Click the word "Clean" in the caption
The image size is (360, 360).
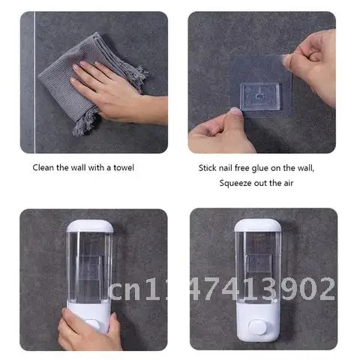click(x=44, y=167)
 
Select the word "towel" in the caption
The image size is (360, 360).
click(x=124, y=167)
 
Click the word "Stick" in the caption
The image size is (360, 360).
click(x=208, y=168)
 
